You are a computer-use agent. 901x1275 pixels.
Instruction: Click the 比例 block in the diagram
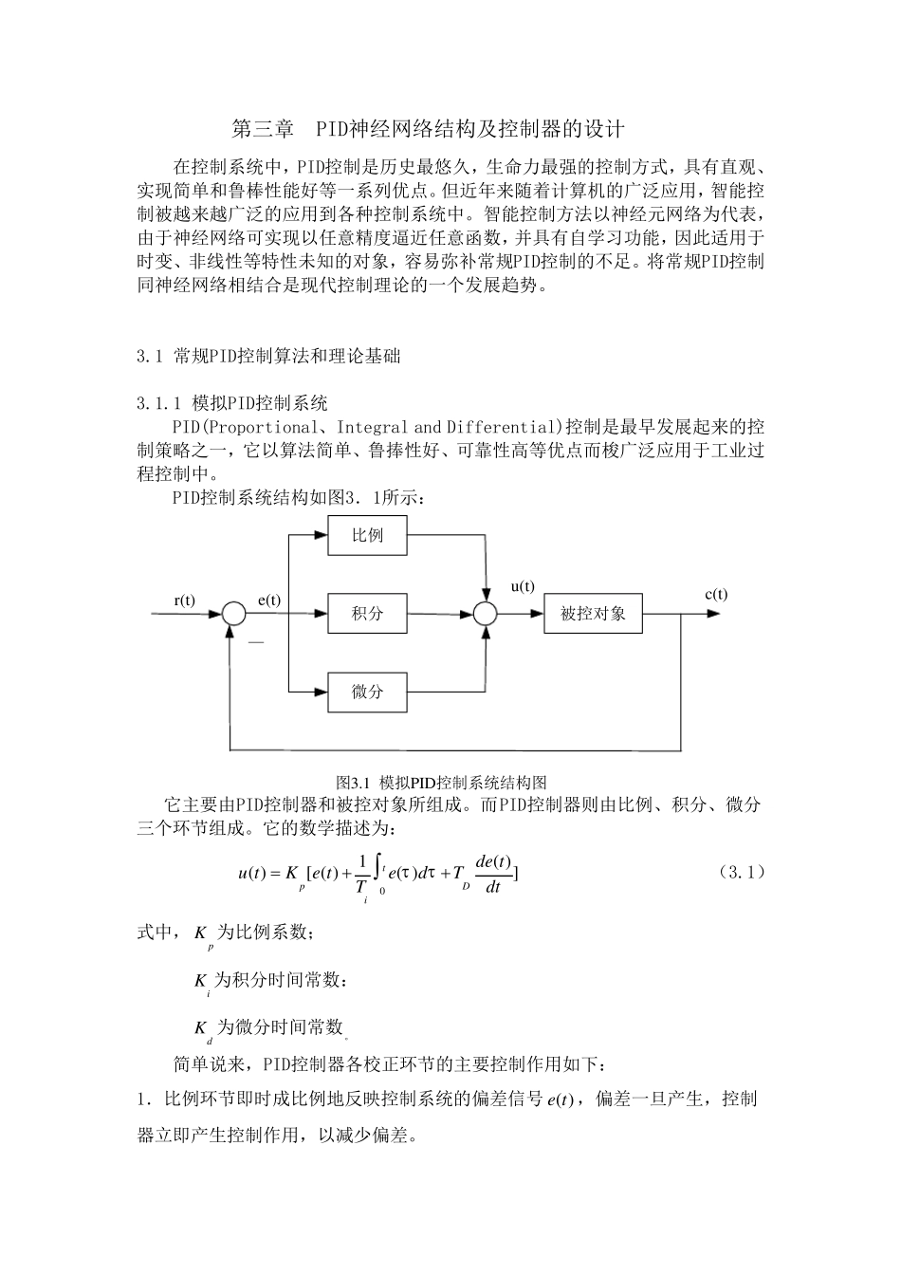[x=367, y=535]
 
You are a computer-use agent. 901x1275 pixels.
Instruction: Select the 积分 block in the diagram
[x=367, y=614]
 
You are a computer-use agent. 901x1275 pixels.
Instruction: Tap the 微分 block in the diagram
[x=367, y=692]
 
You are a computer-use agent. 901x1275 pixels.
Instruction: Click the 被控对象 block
[x=593, y=614]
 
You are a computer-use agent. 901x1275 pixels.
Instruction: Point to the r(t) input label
[x=184, y=599]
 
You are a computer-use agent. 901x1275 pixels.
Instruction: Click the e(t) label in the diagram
[x=269, y=599]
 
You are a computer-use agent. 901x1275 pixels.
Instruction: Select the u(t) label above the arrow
[x=523, y=586]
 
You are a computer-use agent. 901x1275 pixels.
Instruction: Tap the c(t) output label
[x=716, y=594]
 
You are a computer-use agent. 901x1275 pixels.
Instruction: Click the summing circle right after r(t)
[x=233, y=614]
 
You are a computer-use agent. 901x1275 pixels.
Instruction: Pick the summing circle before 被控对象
[x=485, y=614]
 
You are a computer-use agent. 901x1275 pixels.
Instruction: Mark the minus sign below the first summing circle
[x=256, y=643]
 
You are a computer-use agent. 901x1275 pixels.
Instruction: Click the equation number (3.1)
[x=741, y=871]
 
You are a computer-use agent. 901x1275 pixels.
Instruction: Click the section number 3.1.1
[x=158, y=402]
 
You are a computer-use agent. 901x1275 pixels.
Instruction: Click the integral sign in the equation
[x=378, y=867]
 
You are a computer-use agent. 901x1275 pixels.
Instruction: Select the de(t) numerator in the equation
[x=493, y=861]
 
